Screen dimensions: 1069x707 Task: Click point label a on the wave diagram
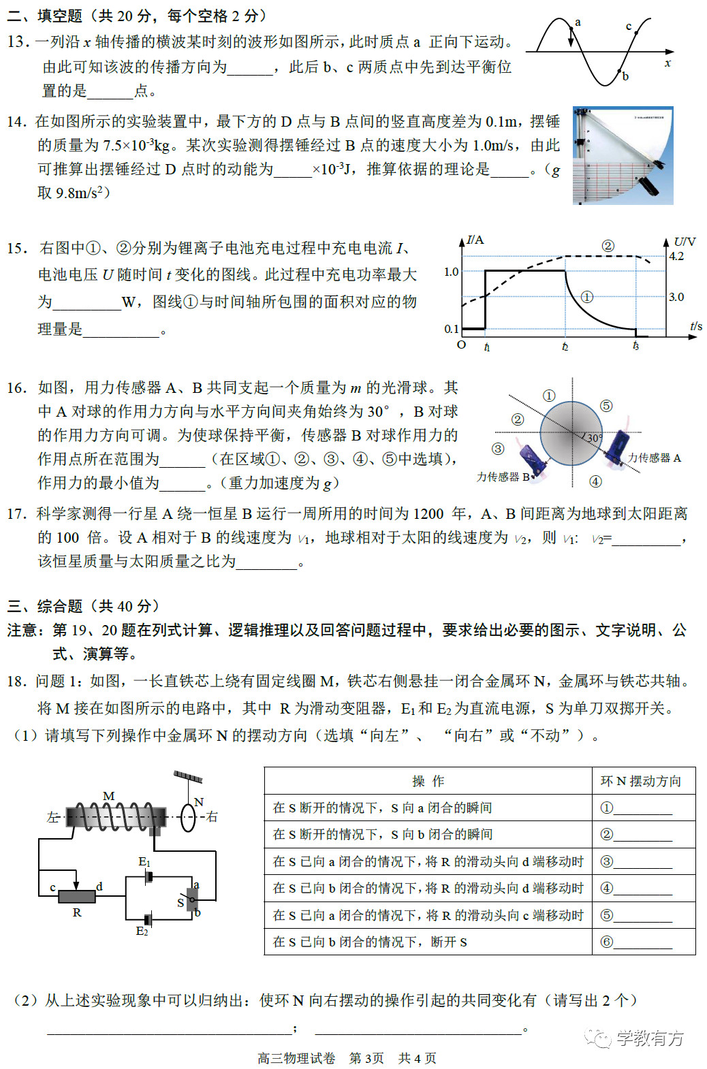pos(578,22)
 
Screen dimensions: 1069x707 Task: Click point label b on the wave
pos(625,76)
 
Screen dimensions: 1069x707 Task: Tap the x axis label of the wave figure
pos(667,63)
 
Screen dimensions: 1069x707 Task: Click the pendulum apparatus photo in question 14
pos(623,155)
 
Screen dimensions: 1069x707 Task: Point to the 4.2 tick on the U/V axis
pos(676,256)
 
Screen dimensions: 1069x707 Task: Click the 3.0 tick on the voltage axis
pos(676,297)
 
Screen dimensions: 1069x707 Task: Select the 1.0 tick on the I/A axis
pos(451,272)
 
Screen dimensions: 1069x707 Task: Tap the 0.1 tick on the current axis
pos(451,329)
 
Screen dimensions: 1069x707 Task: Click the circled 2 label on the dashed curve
pos(608,246)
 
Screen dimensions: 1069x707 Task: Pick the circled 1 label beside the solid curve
pos(586,297)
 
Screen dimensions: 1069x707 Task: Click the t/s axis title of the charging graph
pos(695,326)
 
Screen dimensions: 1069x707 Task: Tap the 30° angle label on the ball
pos(594,438)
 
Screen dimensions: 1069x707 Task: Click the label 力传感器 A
pos(654,458)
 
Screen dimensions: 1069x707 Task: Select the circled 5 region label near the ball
pos(606,406)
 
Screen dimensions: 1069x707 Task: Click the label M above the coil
pos(109,796)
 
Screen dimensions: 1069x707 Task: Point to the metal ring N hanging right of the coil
pos(188,818)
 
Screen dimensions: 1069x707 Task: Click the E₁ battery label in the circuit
pos(144,862)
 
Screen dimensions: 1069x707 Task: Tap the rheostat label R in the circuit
pos(77,912)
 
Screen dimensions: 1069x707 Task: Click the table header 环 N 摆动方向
pos(640,781)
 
